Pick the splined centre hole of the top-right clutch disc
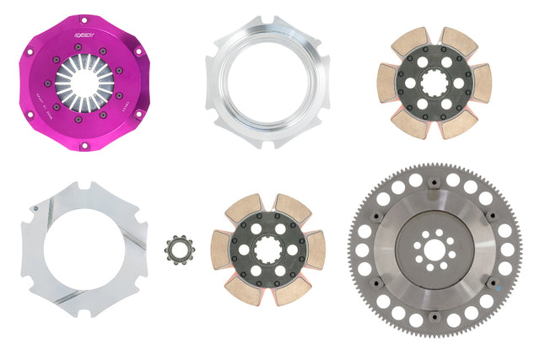[438, 84]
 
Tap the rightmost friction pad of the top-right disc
[482, 83]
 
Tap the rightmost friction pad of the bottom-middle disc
[314, 250]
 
